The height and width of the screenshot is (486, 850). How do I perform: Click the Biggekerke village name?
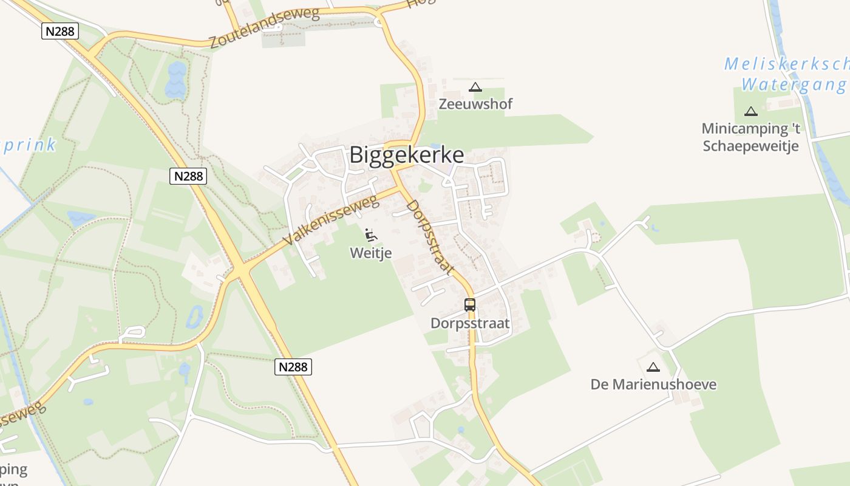pos(406,155)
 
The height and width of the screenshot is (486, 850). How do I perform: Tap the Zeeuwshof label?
pos(475,104)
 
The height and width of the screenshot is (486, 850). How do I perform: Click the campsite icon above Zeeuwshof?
pos(475,87)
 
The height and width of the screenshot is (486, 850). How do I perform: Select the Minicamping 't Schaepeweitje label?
pos(750,137)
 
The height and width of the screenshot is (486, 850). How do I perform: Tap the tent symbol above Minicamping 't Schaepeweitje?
pos(751,111)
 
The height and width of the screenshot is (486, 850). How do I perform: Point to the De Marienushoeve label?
pos(653,385)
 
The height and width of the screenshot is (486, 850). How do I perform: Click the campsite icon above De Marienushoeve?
pos(653,367)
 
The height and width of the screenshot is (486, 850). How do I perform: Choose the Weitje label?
pos(370,253)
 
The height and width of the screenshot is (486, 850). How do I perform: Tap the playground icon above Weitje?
pos(371,234)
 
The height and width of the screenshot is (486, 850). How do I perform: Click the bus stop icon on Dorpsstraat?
pos(470,305)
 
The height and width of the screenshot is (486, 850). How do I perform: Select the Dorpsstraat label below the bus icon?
pos(470,323)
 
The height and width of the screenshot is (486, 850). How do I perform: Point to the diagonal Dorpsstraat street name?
pos(429,237)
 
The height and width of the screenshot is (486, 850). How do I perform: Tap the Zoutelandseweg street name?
pos(264,29)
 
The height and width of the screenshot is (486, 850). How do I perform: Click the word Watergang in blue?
pos(794,84)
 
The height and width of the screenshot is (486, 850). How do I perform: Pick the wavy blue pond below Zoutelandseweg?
pos(175,80)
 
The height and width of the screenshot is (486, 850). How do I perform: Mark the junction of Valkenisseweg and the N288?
pos(241,268)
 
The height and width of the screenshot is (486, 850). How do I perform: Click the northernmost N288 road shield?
pos(60,31)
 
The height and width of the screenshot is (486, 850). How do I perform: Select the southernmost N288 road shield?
pos(293,366)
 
